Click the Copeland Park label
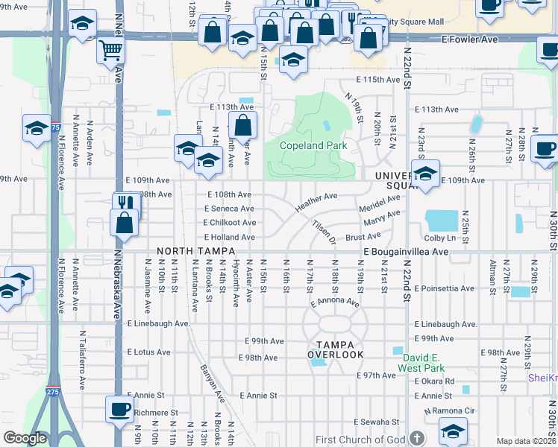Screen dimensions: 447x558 313,146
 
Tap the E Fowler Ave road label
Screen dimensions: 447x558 471,38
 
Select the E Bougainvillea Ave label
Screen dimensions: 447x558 406,253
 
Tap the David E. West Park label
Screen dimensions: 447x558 421,363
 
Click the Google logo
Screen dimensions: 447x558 25,438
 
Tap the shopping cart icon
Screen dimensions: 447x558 110,50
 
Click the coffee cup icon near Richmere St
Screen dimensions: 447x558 119,409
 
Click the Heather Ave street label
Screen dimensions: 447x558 316,201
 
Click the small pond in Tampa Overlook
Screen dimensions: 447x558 319,363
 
